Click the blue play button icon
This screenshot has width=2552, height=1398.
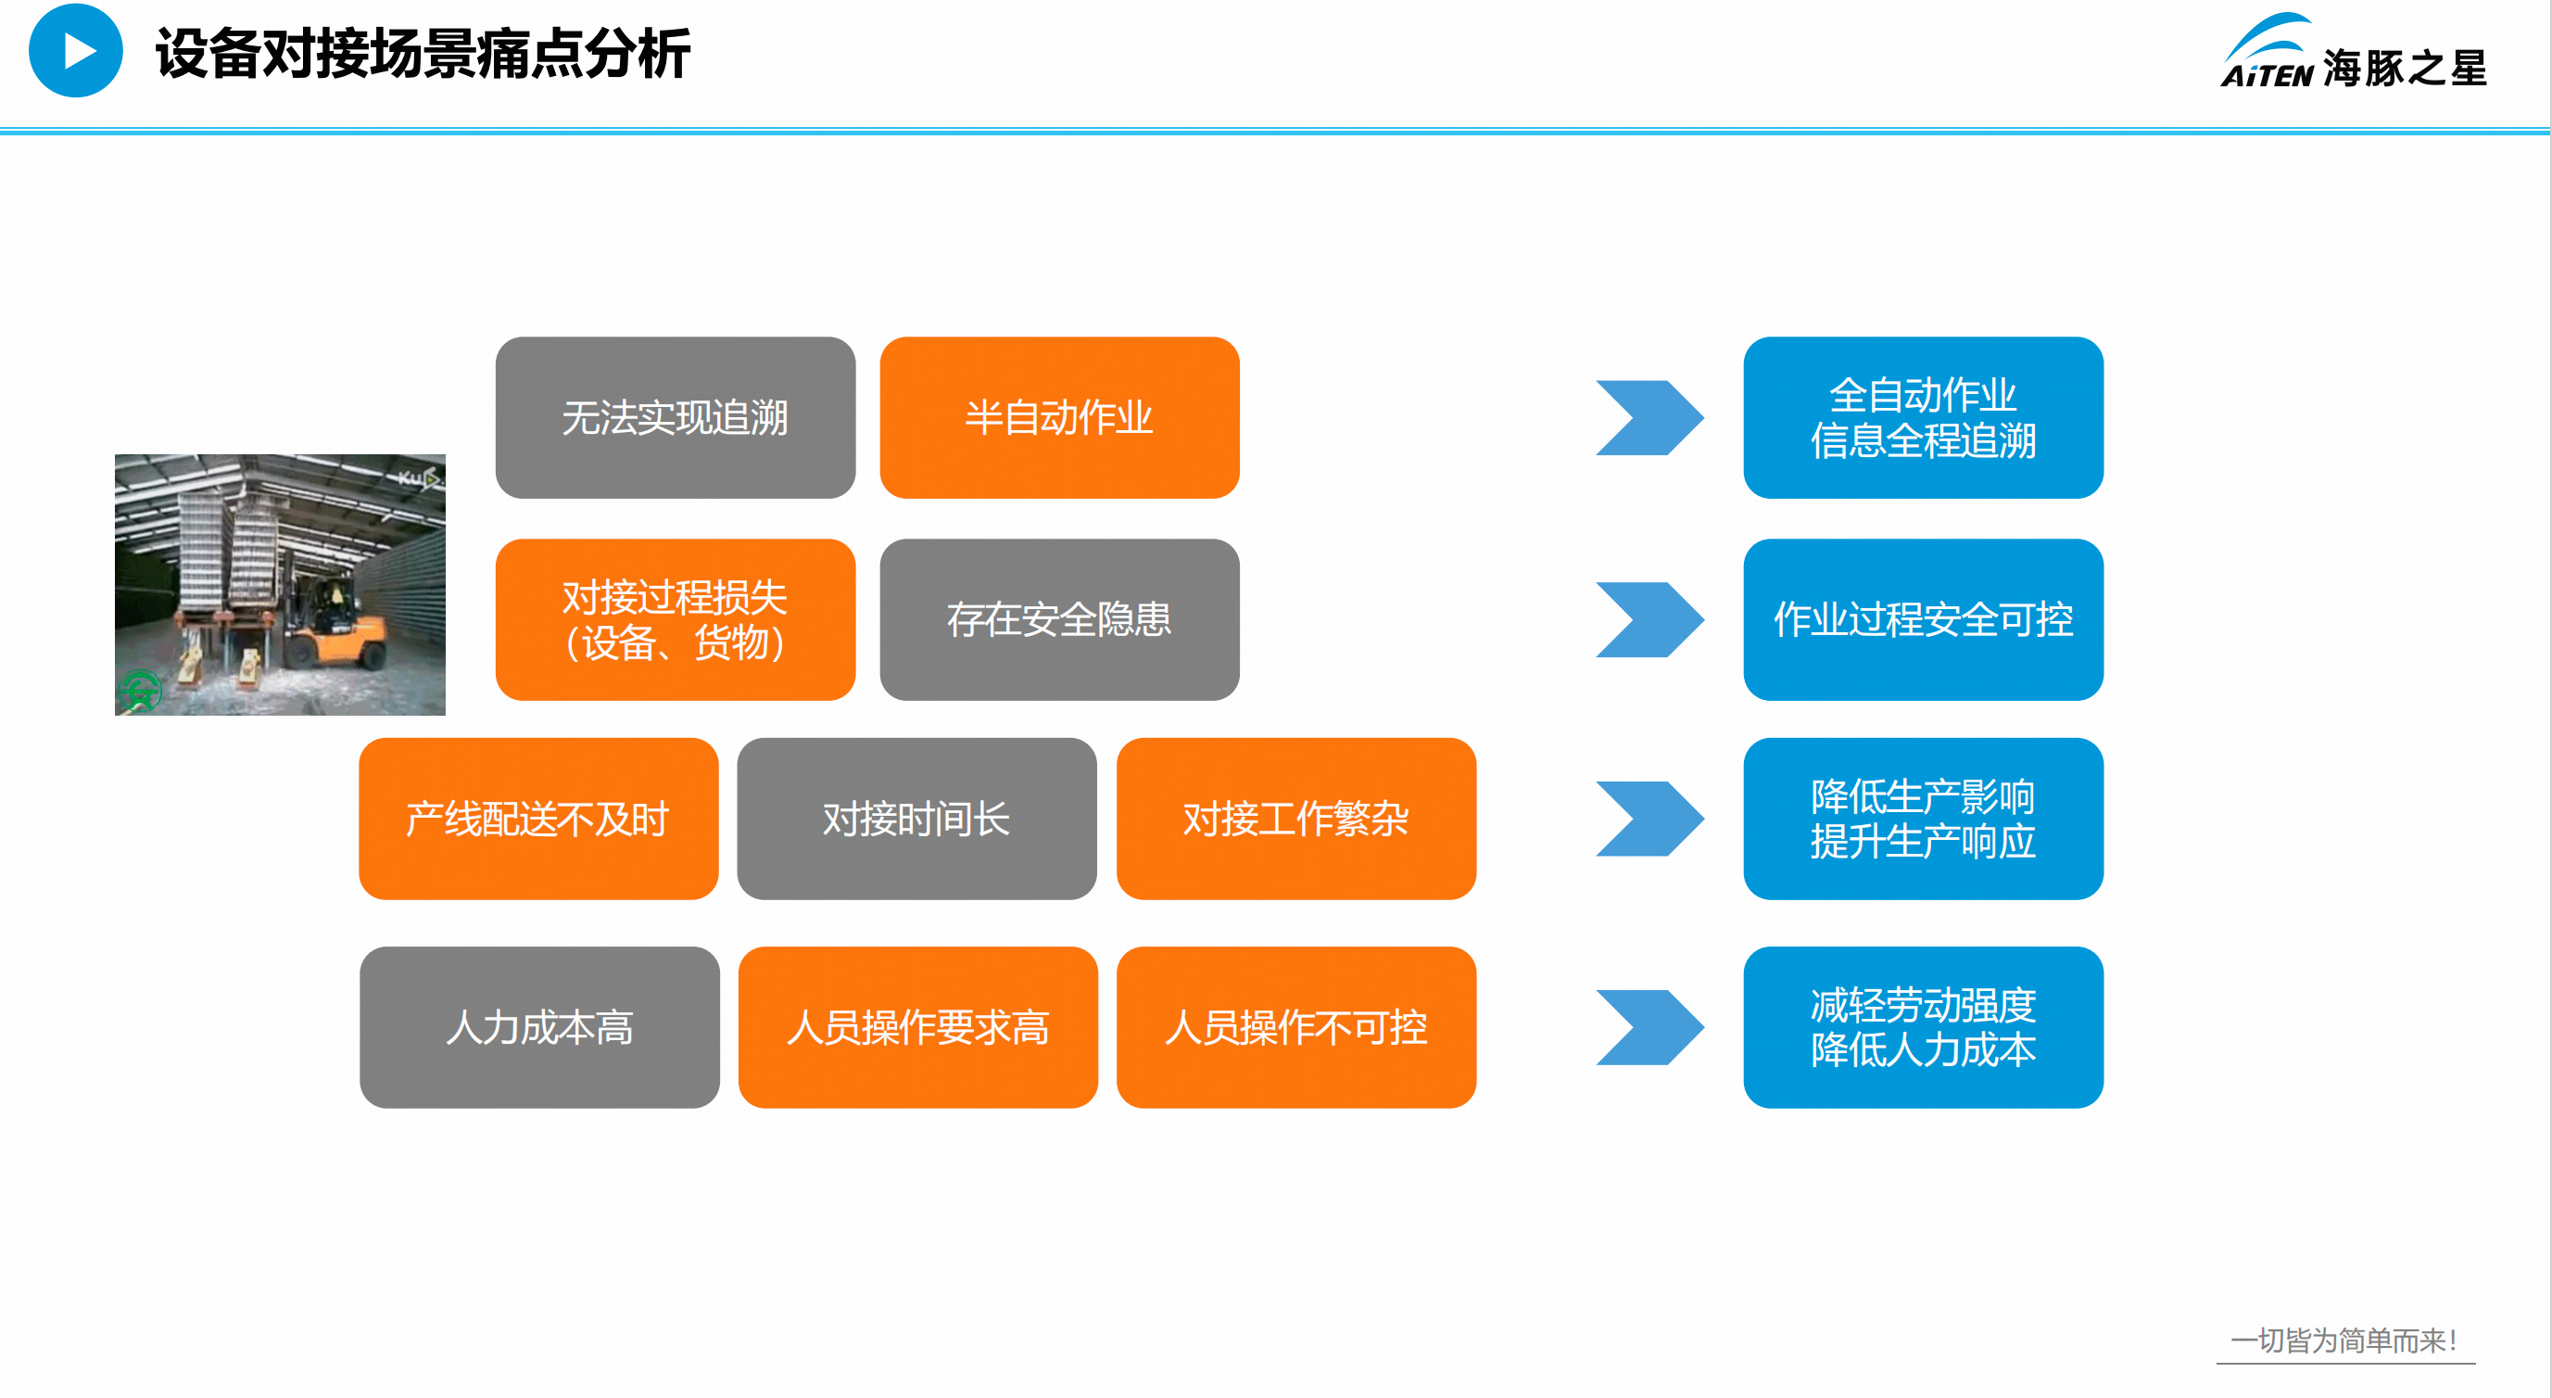pyautogui.click(x=75, y=51)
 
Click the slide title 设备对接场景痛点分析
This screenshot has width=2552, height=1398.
pyautogui.click(x=422, y=54)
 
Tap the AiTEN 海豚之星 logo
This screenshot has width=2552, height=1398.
pyautogui.click(x=2353, y=54)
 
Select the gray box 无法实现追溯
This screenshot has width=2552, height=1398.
pyautogui.click(x=675, y=417)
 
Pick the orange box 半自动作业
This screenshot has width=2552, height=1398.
pyautogui.click(x=1059, y=417)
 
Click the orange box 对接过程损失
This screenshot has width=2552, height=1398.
pyautogui.click(x=675, y=619)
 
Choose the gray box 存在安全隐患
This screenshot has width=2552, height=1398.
pyautogui.click(x=1059, y=619)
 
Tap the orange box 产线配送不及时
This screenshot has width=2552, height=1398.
pyautogui.click(x=538, y=819)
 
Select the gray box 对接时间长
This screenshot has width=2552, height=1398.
pyautogui.click(x=916, y=819)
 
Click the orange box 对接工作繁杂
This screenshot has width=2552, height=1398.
pyautogui.click(x=1295, y=819)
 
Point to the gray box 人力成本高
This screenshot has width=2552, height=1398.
pyautogui.click(x=539, y=1026)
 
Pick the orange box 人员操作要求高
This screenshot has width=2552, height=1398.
pyautogui.click(x=917, y=1026)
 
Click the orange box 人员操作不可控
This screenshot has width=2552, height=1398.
pyautogui.click(x=1295, y=1026)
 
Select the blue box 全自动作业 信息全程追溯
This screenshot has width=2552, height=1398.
pyautogui.click(x=1923, y=417)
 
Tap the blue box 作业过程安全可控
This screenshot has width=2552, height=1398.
pyautogui.click(x=1923, y=619)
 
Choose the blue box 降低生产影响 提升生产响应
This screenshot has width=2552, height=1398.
pyautogui.click(x=1923, y=819)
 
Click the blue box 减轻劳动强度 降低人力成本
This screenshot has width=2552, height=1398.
pyautogui.click(x=1923, y=1026)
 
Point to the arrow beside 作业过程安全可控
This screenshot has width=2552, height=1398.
pyautogui.click(x=1649, y=619)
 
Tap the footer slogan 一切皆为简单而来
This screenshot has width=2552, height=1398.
pyautogui.click(x=2344, y=1341)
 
